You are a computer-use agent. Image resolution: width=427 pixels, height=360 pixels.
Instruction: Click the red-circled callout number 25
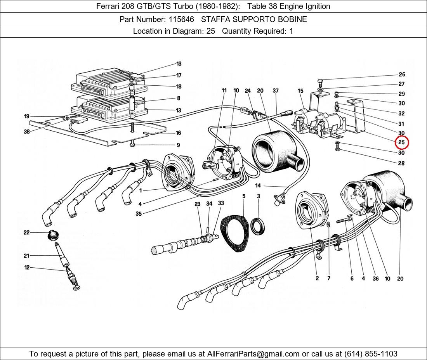[x=401, y=142]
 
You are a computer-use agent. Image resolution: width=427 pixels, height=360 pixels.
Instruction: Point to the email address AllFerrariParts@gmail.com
[x=253, y=353]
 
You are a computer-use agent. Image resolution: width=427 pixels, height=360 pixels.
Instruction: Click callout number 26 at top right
[x=401, y=74]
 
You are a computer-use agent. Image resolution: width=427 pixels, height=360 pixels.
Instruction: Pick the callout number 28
[x=401, y=163]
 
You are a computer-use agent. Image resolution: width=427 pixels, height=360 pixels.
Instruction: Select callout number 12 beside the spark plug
[x=27, y=267]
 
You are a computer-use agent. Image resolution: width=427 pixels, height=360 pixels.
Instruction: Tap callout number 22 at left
[x=26, y=232]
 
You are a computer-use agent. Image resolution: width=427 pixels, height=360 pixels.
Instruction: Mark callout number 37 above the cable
[x=276, y=91]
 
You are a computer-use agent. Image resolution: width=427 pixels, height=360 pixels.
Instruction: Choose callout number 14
[x=258, y=186]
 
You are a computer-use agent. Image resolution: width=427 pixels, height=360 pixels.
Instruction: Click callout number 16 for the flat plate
[x=178, y=133]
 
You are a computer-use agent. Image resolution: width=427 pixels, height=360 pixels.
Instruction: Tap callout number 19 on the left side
[x=26, y=116]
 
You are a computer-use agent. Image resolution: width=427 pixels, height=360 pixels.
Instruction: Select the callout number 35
[x=139, y=213]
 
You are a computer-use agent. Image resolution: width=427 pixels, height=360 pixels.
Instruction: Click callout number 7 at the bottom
[x=329, y=278]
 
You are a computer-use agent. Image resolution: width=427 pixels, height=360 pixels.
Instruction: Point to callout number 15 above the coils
[x=300, y=91]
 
